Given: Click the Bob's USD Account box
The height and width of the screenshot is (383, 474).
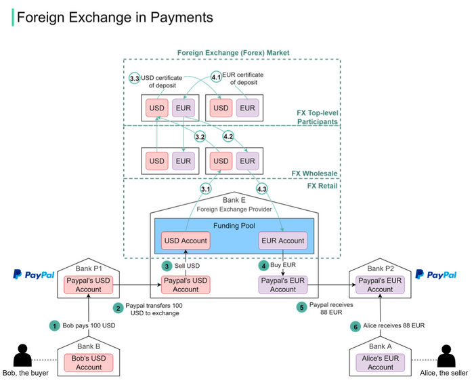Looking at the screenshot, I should click(89, 363).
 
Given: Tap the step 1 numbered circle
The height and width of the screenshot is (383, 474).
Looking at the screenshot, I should click(54, 325).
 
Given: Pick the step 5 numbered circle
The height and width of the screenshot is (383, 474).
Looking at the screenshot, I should click(301, 307).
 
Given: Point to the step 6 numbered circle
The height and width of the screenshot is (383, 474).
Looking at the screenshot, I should click(355, 325).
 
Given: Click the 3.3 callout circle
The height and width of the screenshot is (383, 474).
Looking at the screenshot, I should click(134, 79).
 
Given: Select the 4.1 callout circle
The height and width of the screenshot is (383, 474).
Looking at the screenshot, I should click(216, 77).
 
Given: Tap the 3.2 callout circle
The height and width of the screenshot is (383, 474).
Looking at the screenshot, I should click(200, 137).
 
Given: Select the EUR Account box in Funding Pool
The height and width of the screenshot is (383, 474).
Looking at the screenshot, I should click(282, 240).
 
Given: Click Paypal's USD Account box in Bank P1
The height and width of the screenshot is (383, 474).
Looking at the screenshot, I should click(89, 285).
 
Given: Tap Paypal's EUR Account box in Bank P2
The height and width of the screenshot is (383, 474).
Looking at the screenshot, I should click(380, 285).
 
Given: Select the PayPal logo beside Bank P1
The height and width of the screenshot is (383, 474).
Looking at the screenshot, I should click(33, 275).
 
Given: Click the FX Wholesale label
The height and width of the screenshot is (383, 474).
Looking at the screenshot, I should click(315, 174).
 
